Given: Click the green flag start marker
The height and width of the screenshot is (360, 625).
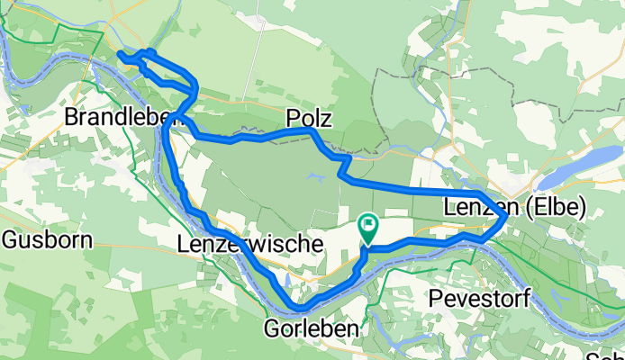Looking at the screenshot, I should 368,224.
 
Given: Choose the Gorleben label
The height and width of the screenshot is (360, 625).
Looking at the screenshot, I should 311,328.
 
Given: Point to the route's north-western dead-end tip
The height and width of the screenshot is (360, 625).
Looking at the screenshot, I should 120,55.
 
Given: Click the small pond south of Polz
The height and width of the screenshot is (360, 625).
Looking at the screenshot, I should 314,177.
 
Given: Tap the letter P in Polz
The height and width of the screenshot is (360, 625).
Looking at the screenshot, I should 292,118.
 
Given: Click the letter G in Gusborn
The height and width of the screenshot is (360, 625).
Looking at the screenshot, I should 10,239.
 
